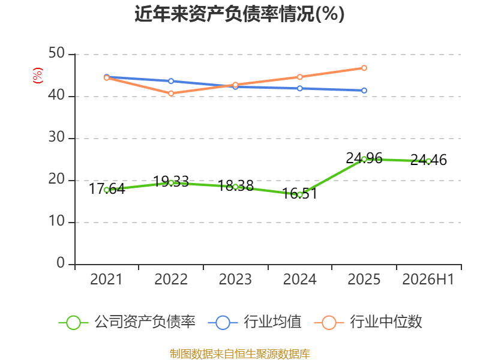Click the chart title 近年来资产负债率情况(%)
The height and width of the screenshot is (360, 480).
[x=239, y=14]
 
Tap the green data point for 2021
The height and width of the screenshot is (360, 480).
[x=107, y=190]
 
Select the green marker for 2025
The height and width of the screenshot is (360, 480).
[x=364, y=159]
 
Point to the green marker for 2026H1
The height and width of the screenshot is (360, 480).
[x=428, y=161]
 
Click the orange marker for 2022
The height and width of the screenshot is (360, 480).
[x=171, y=94]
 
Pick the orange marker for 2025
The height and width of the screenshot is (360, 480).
[x=364, y=68]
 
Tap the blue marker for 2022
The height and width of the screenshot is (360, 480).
[x=171, y=81]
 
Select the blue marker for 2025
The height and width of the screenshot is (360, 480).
[x=364, y=91]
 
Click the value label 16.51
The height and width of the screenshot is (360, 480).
[x=299, y=193]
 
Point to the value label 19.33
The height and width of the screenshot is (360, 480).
[x=171, y=182]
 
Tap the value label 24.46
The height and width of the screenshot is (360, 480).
[x=428, y=160]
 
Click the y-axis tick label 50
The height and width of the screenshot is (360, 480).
[x=56, y=53]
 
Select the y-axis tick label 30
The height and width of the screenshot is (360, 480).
[x=56, y=137]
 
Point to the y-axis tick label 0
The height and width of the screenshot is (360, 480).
[x=61, y=263]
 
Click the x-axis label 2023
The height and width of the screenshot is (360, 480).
[x=235, y=280]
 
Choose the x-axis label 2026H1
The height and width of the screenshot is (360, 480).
[x=428, y=280]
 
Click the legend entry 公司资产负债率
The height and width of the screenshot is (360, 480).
[x=127, y=322]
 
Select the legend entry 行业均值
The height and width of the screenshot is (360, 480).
[x=254, y=322]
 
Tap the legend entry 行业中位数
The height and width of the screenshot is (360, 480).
[x=368, y=322]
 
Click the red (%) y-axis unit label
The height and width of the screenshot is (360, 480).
[x=38, y=76]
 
